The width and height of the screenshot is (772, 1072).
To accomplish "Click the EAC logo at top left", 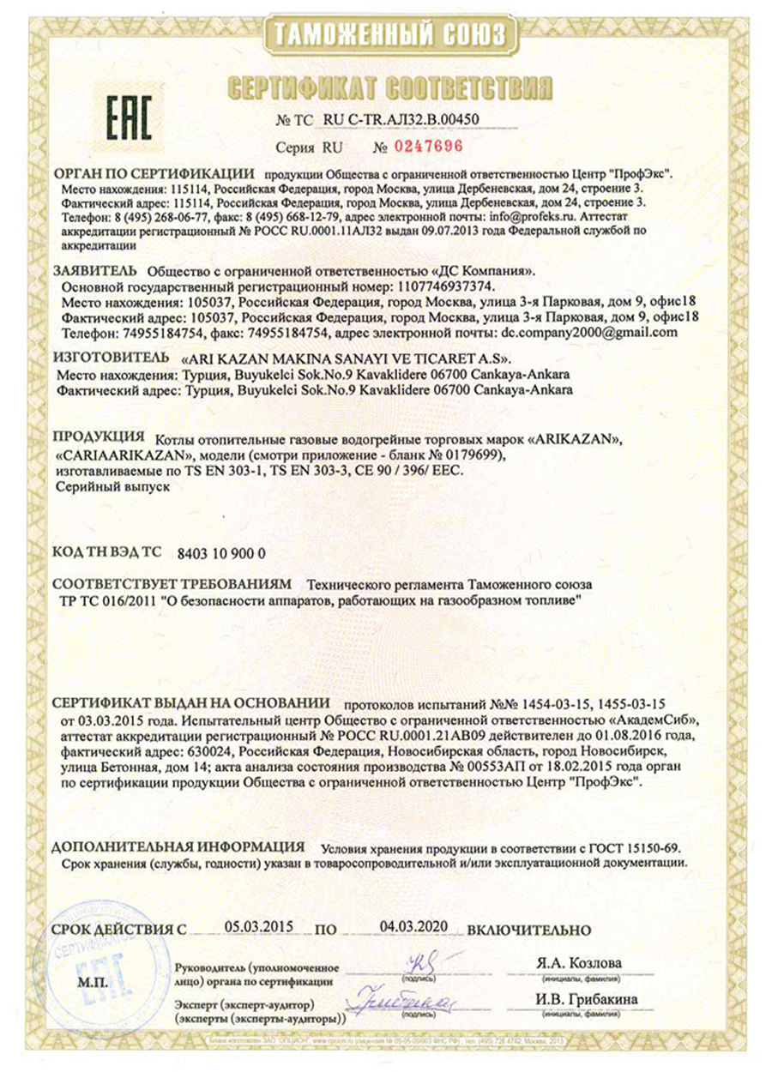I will coord(129,119).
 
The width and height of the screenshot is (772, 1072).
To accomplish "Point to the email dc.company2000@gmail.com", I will coord(589,331).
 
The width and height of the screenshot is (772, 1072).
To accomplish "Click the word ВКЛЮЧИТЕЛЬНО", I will coord(530,930).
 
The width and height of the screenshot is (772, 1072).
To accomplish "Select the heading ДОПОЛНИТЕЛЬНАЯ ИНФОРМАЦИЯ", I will coord(178,847).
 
